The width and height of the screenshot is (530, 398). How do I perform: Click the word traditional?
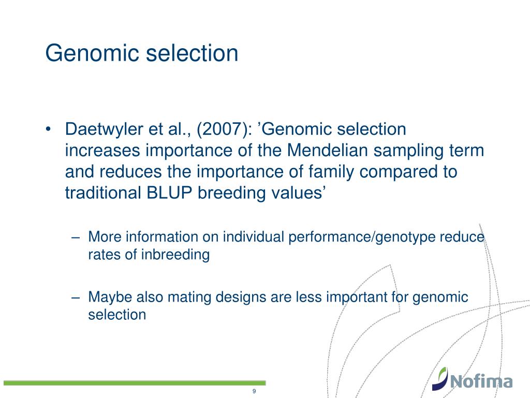pos(103,193)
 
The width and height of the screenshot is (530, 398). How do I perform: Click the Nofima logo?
pos(472,378)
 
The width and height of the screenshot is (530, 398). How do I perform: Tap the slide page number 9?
pos(254,391)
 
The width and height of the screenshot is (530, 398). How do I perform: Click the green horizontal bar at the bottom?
pos(135,383)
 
